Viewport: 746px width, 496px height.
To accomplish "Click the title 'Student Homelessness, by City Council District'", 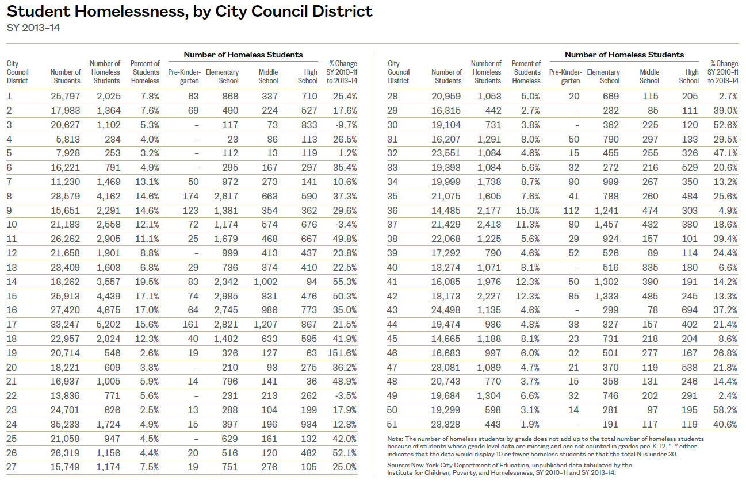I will (x=189, y=11).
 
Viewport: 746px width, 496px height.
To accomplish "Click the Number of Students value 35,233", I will (x=66, y=424).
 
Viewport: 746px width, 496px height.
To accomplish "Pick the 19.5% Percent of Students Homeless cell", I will (x=146, y=282).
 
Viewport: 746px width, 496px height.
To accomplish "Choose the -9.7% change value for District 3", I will (x=345, y=125).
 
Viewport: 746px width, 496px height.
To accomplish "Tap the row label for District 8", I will (x=9, y=196).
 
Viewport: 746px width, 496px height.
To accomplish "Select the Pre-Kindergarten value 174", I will (x=191, y=196).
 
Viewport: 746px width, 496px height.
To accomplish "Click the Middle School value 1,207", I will (x=265, y=324).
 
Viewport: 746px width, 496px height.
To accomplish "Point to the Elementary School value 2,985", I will (x=225, y=296).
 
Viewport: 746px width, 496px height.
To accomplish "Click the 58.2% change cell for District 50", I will (x=725, y=410).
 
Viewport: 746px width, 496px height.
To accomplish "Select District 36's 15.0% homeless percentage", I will (x=527, y=210).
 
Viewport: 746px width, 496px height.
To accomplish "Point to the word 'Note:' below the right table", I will (x=396, y=439).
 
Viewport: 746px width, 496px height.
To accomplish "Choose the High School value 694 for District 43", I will (x=690, y=310).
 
